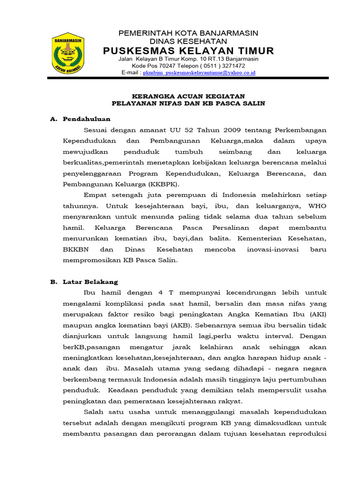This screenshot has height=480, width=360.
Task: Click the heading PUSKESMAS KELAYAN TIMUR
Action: click(x=188, y=51)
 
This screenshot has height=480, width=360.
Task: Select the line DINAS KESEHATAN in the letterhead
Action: click(x=188, y=41)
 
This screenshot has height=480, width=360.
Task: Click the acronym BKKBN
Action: click(x=76, y=249)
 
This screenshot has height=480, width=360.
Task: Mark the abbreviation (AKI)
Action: click(x=317, y=314)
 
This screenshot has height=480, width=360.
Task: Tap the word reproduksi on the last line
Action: click(x=307, y=433)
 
